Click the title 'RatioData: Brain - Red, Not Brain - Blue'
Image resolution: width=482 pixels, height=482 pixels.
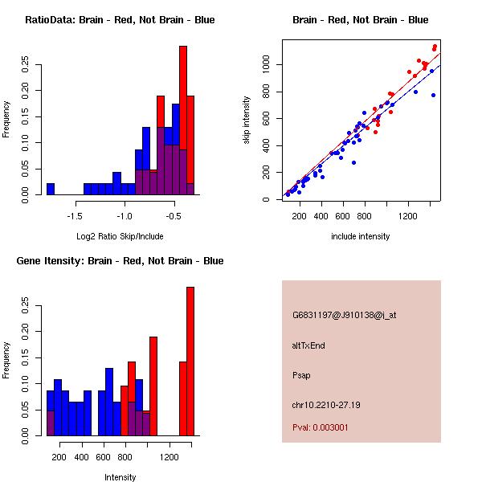point(120,20)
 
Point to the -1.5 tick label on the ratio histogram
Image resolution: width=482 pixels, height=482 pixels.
point(75,216)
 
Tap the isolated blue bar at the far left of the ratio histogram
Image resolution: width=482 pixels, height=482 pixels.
point(51,189)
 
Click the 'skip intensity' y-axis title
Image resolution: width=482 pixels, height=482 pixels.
point(247,120)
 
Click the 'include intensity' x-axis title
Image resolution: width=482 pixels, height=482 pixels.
point(360,237)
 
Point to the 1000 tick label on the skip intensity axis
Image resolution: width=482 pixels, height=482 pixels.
point(266,64)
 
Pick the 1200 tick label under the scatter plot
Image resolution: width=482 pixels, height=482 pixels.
point(409,216)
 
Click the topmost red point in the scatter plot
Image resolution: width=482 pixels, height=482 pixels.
point(435,47)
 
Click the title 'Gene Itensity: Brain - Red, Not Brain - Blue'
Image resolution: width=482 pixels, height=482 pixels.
point(120,261)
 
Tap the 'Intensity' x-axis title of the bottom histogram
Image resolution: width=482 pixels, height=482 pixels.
point(120,478)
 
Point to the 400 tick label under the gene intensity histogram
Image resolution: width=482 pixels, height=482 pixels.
point(81,457)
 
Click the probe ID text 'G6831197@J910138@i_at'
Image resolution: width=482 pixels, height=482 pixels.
point(344,315)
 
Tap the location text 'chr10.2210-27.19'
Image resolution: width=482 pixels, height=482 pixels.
point(326,405)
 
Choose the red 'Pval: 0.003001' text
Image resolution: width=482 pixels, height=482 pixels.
point(321,427)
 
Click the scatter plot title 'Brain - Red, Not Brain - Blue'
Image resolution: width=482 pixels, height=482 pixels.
point(360,20)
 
